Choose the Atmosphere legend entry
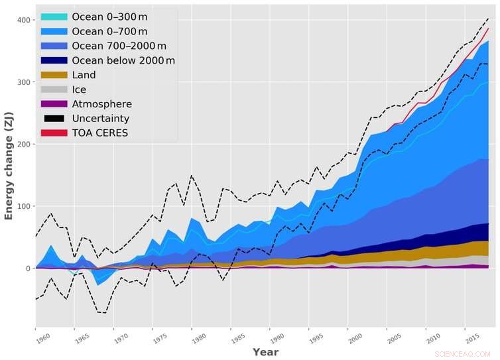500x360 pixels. point(102,104)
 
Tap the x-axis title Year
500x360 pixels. point(265,352)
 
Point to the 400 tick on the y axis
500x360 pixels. point(25,20)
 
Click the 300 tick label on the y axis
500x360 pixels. point(25,82)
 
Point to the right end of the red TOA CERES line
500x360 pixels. point(489,29)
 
